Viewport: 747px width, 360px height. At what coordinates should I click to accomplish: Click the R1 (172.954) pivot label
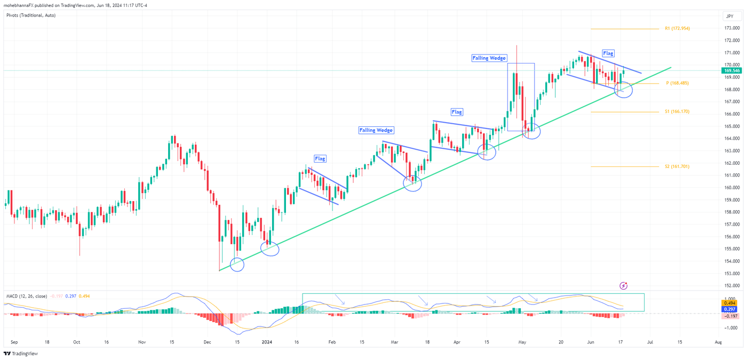[677, 28]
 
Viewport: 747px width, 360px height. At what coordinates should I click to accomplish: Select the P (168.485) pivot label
[677, 83]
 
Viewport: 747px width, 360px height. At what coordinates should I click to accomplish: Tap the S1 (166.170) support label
[677, 111]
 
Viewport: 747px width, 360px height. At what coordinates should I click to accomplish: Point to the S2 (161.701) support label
[677, 166]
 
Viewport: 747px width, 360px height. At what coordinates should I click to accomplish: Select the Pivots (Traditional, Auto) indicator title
[31, 15]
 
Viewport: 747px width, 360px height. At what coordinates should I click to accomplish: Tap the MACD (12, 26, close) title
[26, 296]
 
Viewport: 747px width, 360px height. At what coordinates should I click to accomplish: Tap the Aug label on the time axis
[718, 341]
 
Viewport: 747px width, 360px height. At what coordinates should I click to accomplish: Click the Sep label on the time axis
[14, 341]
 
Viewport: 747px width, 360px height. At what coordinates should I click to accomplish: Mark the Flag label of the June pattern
[608, 53]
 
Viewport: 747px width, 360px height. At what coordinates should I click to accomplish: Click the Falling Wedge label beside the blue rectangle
[489, 58]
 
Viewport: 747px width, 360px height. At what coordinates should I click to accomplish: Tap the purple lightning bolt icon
[623, 286]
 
